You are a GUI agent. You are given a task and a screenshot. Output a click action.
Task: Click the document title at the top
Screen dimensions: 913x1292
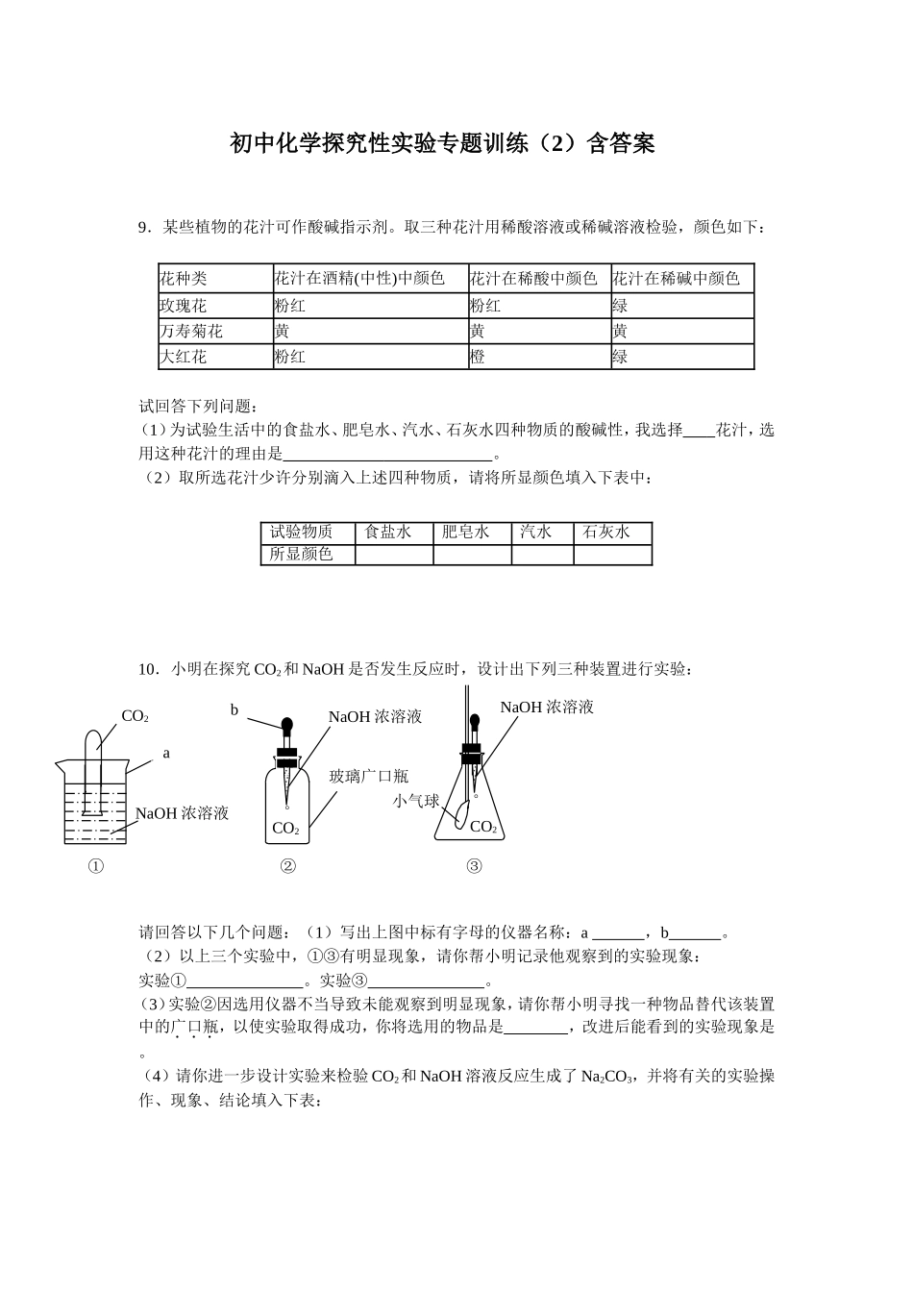442,144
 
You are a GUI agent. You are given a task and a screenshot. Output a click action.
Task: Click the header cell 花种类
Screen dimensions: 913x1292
184,279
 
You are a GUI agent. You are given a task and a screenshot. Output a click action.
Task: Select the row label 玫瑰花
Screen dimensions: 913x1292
184,306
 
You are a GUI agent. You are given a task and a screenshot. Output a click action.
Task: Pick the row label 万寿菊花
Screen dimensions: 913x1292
191,332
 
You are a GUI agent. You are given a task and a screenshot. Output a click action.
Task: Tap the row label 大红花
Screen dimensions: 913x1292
184,357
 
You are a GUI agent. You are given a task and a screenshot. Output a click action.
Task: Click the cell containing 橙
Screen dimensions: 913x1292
478,357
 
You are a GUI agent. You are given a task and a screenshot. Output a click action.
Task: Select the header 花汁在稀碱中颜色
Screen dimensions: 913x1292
677,279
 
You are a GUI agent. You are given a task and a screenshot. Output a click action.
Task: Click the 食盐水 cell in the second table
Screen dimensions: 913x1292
387,532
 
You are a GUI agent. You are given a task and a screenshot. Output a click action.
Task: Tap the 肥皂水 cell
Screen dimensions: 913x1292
466,532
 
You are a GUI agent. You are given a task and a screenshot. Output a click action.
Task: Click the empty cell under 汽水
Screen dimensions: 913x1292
542,555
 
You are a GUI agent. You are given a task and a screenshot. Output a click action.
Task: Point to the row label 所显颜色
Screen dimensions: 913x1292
301,555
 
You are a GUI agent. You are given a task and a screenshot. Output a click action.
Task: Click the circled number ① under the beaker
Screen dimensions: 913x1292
96,866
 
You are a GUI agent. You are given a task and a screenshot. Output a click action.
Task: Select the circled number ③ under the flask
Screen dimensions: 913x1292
474,866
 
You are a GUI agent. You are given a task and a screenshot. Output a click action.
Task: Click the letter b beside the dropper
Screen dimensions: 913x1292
234,710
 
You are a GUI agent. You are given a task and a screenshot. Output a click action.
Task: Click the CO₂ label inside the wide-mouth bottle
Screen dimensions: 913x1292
286,828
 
